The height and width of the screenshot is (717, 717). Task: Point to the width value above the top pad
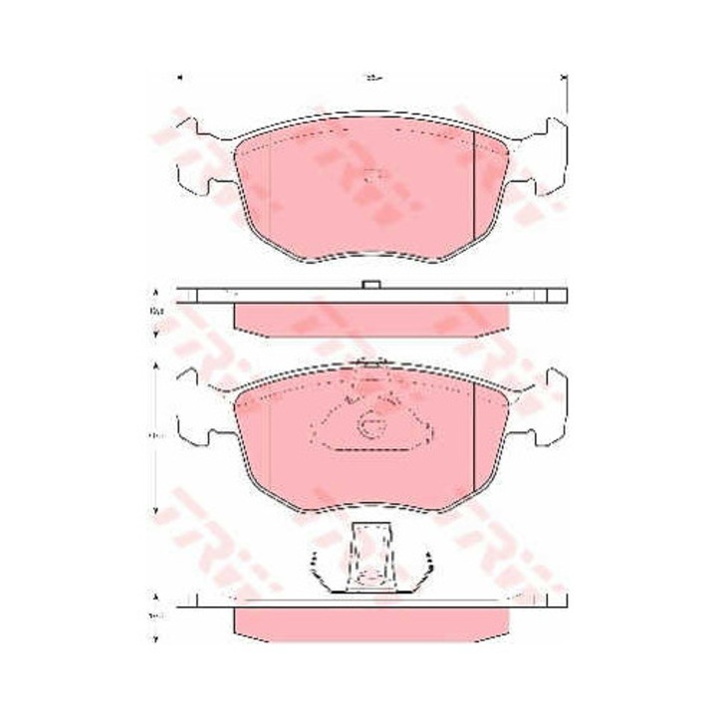point(371,75)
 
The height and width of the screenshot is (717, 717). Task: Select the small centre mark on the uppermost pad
point(372,178)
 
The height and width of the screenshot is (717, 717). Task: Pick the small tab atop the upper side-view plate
point(371,287)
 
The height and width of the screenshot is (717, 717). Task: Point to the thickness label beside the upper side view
point(155,314)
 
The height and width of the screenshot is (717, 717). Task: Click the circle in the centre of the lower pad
point(372,425)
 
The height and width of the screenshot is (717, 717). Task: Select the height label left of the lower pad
point(155,436)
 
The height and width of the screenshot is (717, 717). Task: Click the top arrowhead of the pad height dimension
point(155,367)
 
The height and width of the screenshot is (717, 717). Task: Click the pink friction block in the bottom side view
point(371,622)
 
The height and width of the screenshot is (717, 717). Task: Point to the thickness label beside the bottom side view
point(155,617)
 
